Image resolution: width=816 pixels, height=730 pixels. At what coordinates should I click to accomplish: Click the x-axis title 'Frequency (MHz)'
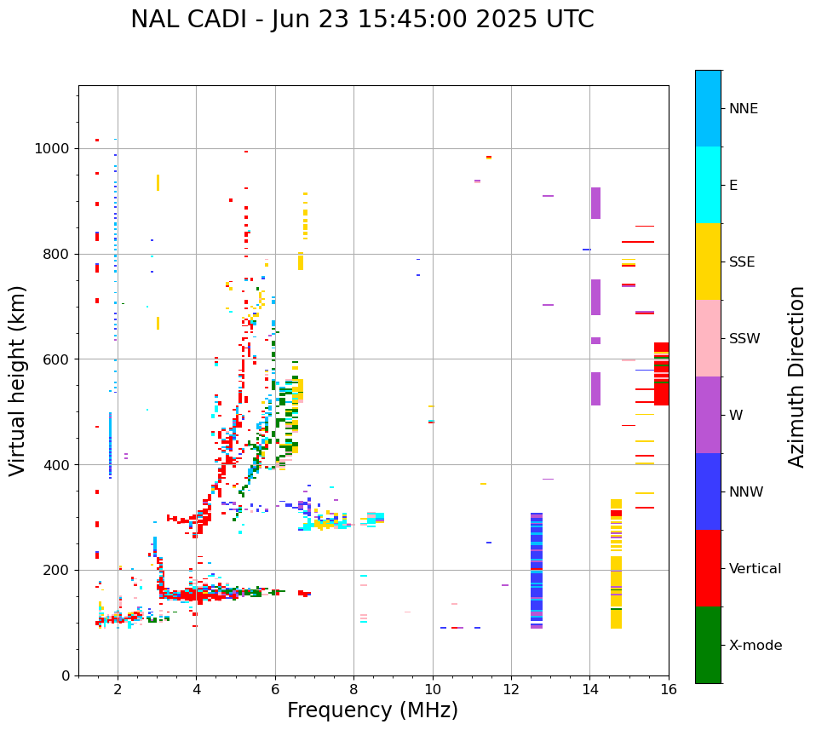tap(372, 710)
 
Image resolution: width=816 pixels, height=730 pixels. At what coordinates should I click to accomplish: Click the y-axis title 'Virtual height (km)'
tap(18, 380)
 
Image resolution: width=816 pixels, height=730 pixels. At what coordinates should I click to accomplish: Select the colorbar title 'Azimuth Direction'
tap(796, 376)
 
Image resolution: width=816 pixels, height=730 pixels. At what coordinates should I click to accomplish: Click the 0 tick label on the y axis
tap(65, 675)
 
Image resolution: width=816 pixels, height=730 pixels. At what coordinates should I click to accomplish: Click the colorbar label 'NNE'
tap(743, 109)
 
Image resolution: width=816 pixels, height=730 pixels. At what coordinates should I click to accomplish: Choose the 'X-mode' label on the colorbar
tap(755, 646)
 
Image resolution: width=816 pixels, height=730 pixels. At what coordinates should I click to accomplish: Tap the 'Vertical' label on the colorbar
tap(755, 569)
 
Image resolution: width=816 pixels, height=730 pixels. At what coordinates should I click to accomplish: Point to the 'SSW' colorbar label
tap(744, 339)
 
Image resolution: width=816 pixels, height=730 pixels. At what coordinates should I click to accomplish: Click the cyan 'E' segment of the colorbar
tap(708, 185)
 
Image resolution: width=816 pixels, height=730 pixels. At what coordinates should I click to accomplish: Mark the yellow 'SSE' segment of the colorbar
tap(708, 262)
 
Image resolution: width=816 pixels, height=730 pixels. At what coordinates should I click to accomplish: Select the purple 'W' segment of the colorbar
tap(708, 415)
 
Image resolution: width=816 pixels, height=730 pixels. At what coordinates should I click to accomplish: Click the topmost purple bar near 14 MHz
tap(595, 203)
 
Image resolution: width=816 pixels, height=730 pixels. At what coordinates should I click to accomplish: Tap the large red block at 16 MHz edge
tap(661, 374)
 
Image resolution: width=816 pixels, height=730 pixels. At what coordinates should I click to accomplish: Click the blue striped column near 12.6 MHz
tap(537, 571)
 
